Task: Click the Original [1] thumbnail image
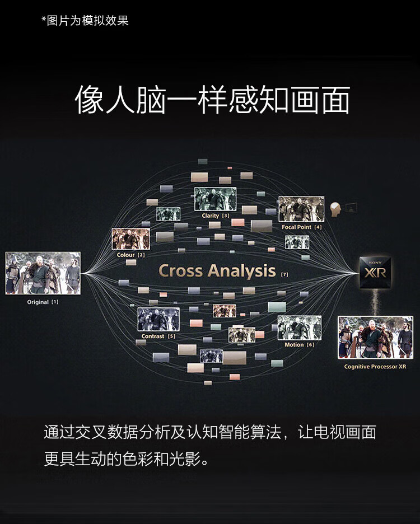coord(43,273)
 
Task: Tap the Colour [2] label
coord(130,255)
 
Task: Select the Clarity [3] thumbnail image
coord(216,199)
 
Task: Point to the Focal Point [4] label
coord(302,227)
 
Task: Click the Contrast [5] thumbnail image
coord(158,320)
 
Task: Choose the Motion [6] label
coord(299,344)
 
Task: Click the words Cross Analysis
coord(217,271)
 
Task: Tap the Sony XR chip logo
coord(375,273)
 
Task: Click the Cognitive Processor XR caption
coord(375,367)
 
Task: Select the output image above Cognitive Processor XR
coord(376,338)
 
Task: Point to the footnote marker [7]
coord(284,274)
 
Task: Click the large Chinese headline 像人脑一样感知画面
coord(212,100)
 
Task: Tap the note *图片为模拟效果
coord(85,21)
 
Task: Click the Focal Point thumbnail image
coord(301,209)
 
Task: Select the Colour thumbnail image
coord(130,239)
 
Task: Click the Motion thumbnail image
coord(299,328)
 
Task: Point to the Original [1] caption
coord(43,302)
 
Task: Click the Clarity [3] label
coord(216,216)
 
